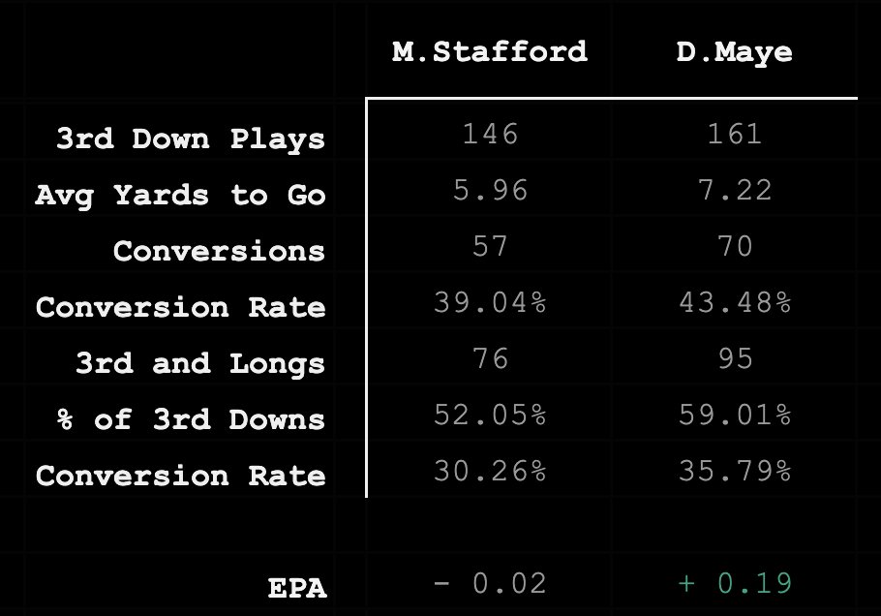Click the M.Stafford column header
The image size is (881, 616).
(x=490, y=51)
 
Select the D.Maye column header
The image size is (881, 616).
(x=734, y=51)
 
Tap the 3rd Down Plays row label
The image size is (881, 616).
(x=190, y=139)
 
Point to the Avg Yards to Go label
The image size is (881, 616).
(x=180, y=195)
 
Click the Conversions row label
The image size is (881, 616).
(x=219, y=251)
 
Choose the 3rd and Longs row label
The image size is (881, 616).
(x=199, y=363)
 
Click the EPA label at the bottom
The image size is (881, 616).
(x=296, y=588)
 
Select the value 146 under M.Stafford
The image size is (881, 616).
(x=490, y=134)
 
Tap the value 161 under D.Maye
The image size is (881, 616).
(x=734, y=134)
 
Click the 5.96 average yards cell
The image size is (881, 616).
(x=490, y=190)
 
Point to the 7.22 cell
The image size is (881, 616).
(x=734, y=190)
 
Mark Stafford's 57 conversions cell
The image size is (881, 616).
(x=490, y=246)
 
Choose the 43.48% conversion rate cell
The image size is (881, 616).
(x=734, y=302)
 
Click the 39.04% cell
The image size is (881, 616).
(x=490, y=302)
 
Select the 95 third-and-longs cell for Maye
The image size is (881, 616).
(x=734, y=358)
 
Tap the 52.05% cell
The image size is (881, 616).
(x=490, y=415)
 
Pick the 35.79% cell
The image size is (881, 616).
(x=734, y=471)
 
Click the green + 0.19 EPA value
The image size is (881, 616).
(x=734, y=583)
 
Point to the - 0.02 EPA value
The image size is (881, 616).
(x=490, y=583)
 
